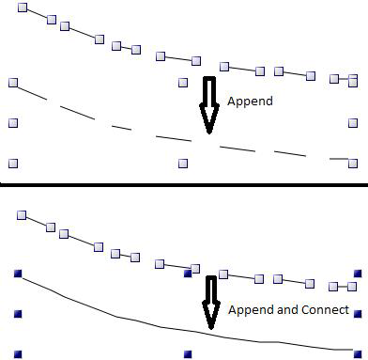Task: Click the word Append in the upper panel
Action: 249,101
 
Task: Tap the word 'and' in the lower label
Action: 284,309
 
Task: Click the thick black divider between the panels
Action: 184,181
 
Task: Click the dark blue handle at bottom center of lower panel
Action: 186,354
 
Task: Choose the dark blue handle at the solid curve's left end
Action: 16,273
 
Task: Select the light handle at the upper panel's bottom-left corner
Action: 13,163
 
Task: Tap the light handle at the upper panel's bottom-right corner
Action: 352,163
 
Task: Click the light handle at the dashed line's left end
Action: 13,83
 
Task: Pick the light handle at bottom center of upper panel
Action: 183,163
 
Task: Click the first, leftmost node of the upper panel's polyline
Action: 24,8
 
